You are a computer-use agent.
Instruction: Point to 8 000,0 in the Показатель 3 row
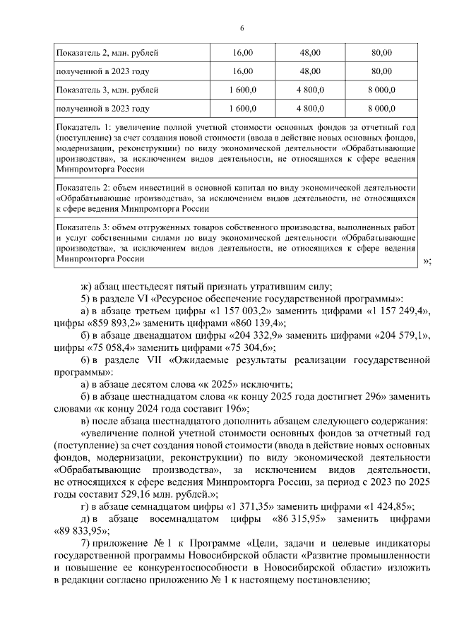pyautogui.click(x=381, y=90)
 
